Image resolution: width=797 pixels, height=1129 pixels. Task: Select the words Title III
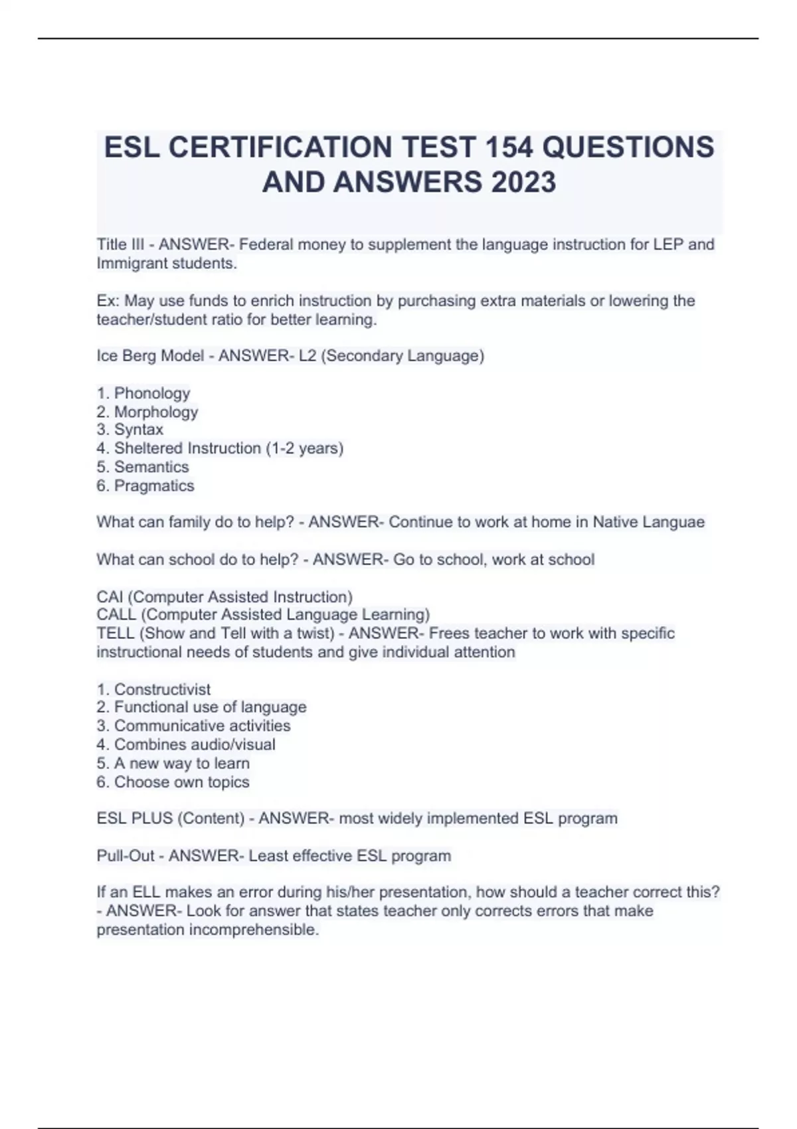click(x=120, y=244)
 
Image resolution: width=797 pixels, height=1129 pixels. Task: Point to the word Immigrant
click(x=132, y=263)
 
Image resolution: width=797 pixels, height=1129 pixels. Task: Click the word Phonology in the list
click(x=152, y=393)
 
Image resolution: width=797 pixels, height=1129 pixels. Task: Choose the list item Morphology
click(x=156, y=412)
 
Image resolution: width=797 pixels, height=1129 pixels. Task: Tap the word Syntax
click(x=138, y=430)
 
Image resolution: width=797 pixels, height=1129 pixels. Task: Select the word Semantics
click(x=151, y=467)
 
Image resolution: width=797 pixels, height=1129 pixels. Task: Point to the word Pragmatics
click(x=154, y=485)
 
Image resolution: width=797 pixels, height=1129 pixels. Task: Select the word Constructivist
click(x=162, y=689)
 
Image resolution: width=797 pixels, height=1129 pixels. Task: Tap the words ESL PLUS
click(x=134, y=818)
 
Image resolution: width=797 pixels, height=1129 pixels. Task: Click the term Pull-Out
click(x=126, y=855)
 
